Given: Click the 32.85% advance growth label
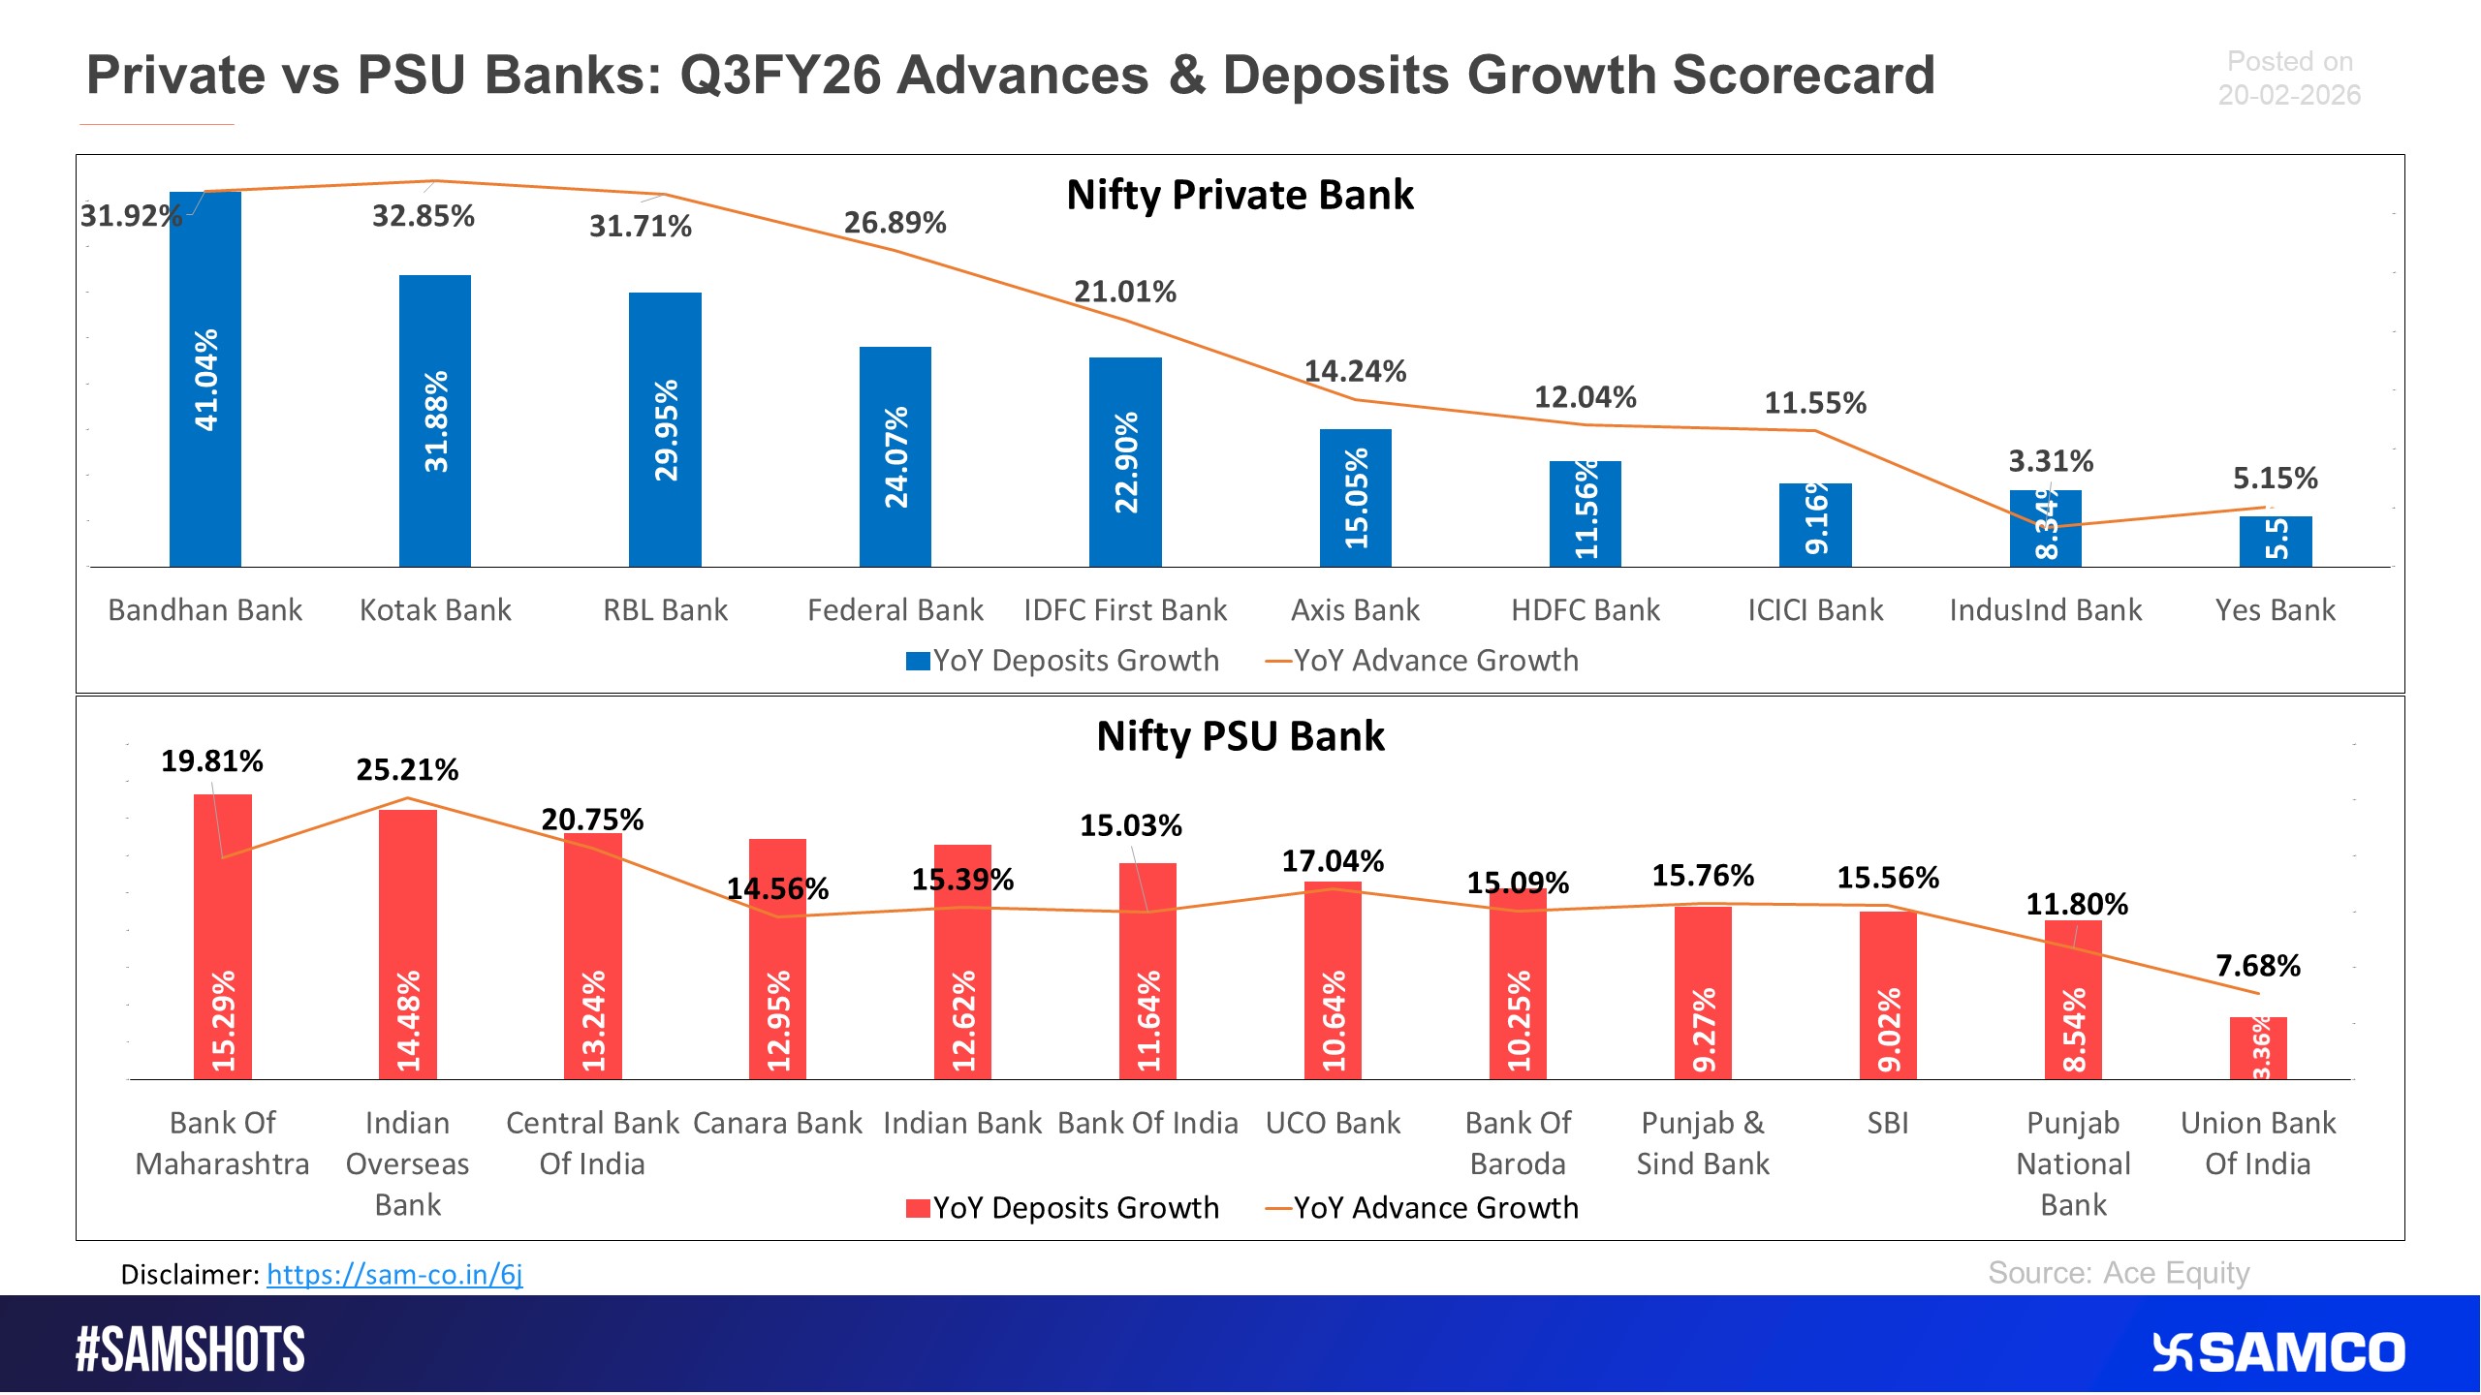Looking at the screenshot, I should coord(424,216).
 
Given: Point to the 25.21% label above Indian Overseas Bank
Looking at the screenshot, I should coord(407,770).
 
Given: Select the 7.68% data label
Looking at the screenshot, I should coord(2258,966).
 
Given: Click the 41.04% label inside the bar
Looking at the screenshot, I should coord(206,380).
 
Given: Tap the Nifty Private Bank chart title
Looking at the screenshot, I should coord(1240,195).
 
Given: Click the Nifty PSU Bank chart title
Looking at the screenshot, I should coord(1240,736).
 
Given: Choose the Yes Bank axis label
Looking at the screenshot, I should coord(2275,610).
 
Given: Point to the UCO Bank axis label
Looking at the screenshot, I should coord(1333,1123).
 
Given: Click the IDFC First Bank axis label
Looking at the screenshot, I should coord(1125,610).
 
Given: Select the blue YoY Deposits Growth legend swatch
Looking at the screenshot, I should coord(917,661).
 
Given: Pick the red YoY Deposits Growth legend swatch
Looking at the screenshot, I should coord(917,1208).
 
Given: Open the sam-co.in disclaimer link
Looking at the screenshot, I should coord(394,1274).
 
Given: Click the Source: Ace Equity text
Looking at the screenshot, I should coord(2119,1273).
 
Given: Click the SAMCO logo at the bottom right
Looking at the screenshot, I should coord(2277,1352).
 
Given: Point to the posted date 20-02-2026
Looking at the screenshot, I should coord(2289,95).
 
